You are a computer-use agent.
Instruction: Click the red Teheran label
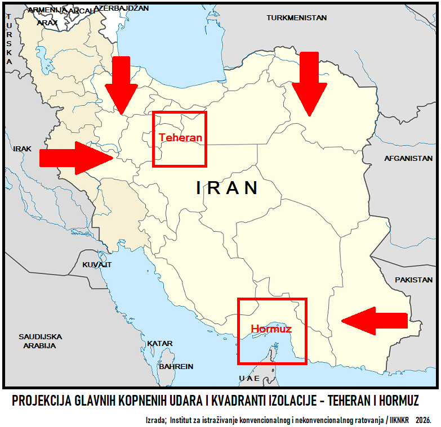click(x=180, y=137)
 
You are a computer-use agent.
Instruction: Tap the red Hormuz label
click(x=271, y=329)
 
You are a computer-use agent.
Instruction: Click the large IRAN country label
click(x=227, y=188)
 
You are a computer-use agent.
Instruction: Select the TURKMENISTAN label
click(x=297, y=18)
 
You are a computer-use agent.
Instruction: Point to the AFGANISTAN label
click(x=408, y=159)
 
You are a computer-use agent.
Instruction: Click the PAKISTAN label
click(x=414, y=280)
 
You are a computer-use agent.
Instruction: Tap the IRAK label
click(x=23, y=149)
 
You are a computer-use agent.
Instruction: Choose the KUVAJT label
click(x=97, y=264)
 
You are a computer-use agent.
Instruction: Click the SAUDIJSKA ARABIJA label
click(x=40, y=341)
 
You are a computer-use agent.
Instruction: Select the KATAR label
click(x=160, y=343)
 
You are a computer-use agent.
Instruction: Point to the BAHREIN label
click(x=176, y=366)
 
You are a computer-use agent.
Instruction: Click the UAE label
click(x=249, y=378)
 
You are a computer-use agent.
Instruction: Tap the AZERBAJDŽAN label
click(x=122, y=8)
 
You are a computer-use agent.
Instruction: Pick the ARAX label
click(x=47, y=23)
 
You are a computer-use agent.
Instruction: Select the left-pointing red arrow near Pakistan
click(x=375, y=321)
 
